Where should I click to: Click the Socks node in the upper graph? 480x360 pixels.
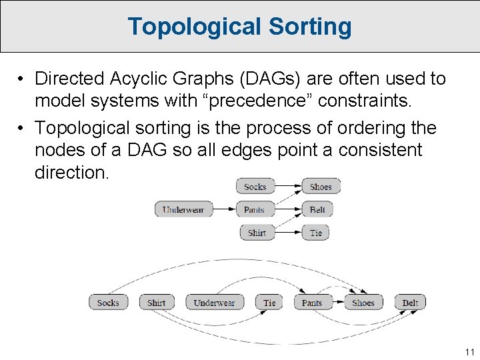(x=255, y=187)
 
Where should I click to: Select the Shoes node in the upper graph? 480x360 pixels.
(x=321, y=187)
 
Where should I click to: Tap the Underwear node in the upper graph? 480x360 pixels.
(x=183, y=209)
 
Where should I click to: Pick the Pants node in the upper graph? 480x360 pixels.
(x=255, y=209)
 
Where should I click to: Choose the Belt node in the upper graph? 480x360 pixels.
(x=317, y=209)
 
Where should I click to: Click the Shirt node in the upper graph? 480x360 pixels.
(x=257, y=233)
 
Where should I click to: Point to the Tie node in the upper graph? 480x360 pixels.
(x=316, y=233)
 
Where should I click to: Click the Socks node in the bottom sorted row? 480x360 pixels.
(x=108, y=302)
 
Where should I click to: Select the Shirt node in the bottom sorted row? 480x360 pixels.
(x=156, y=302)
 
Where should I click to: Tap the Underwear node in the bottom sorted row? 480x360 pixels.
(x=214, y=302)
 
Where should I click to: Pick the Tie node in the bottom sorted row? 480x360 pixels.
(x=269, y=302)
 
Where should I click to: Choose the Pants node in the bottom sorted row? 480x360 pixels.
(x=312, y=302)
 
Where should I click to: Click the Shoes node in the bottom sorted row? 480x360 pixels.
(x=363, y=302)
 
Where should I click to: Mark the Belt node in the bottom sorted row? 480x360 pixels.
(x=410, y=302)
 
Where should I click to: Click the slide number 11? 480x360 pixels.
(x=469, y=351)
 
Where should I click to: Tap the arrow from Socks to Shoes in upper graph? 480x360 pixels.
(x=287, y=187)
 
